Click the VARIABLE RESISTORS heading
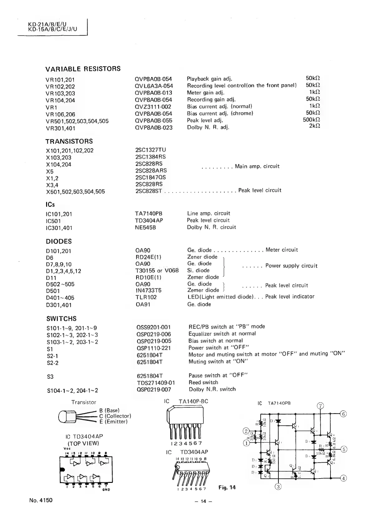click(83, 69)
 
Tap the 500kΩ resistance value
click(312, 120)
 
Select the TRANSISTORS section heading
click(69, 141)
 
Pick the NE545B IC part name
click(145, 227)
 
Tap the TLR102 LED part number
click(146, 297)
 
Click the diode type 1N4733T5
click(148, 290)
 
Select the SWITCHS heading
click(61, 319)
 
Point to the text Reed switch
click(203, 382)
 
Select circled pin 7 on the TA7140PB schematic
click(321, 406)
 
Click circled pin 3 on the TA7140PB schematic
click(278, 486)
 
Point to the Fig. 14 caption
click(227, 487)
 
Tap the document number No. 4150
click(41, 500)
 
